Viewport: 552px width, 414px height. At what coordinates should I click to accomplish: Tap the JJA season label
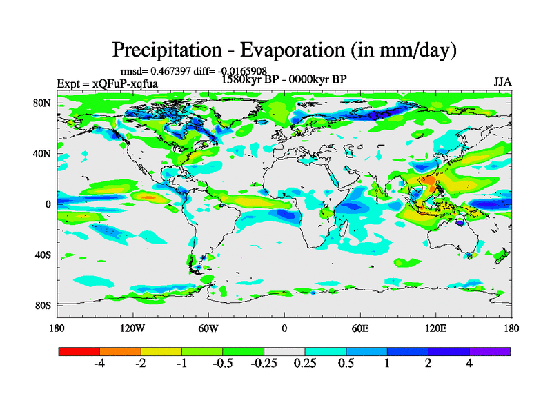click(x=502, y=82)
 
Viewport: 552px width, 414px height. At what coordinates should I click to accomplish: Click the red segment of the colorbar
click(x=79, y=351)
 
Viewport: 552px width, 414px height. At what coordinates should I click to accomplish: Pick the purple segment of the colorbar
click(x=490, y=351)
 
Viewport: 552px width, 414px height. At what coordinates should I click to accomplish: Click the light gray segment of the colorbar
click(x=284, y=351)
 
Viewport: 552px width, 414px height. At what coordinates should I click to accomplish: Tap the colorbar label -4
click(x=99, y=364)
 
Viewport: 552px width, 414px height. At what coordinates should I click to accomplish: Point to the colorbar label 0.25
click(x=305, y=364)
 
